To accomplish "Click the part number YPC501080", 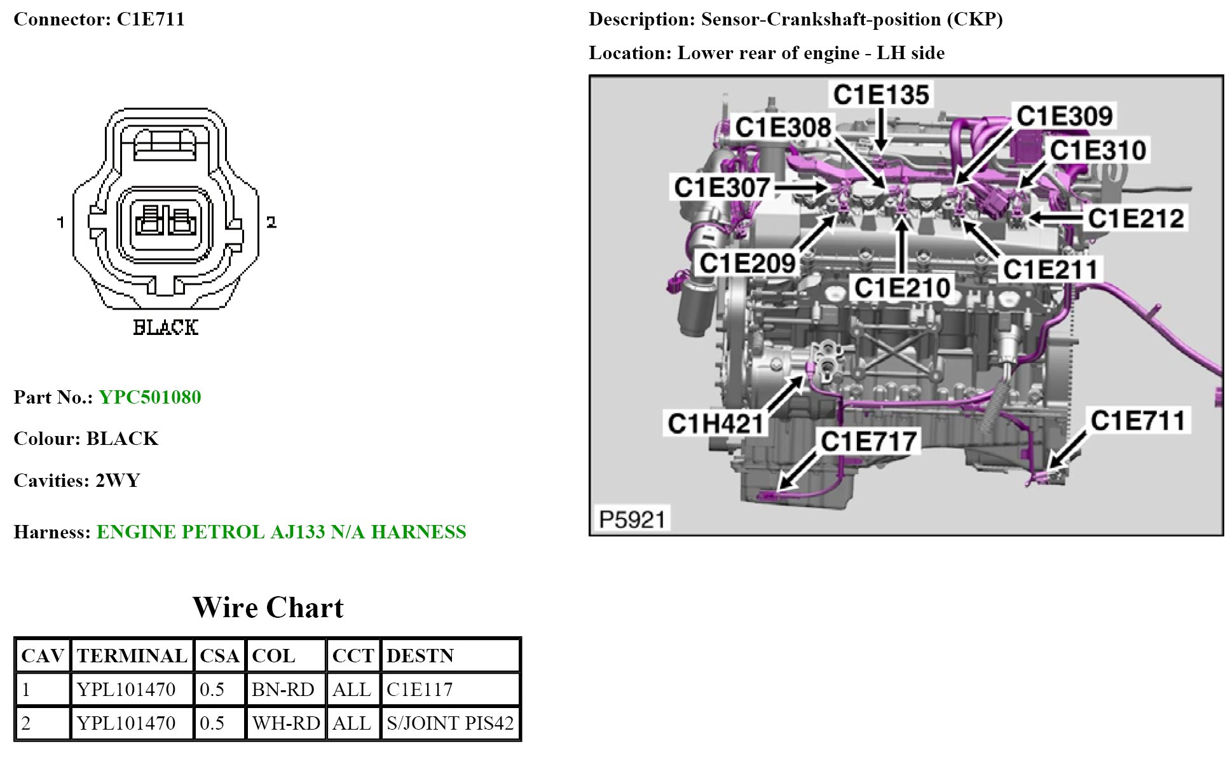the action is coord(150,397).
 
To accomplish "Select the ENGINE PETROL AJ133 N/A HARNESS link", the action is coord(281,532).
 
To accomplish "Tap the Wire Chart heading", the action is coord(268,608).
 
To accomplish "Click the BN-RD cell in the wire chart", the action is coord(283,690).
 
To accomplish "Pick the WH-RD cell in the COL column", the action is coord(285,723).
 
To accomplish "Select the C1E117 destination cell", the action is coord(420,690).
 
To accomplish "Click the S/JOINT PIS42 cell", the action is coord(449,723).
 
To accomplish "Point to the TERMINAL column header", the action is coord(132,656).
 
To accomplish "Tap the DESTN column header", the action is coord(420,656).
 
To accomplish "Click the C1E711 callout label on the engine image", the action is coord(1138,421).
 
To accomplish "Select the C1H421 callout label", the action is coord(716,423).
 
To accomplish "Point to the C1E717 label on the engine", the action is coord(868,441).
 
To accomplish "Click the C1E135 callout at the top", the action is coord(881,95).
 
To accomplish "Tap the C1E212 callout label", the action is coord(1136,218).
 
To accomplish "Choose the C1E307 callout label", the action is coord(722,188).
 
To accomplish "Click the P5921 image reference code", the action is coord(632,519).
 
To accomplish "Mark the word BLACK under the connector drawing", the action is coord(165,327).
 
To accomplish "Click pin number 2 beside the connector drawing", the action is coord(271,222).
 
